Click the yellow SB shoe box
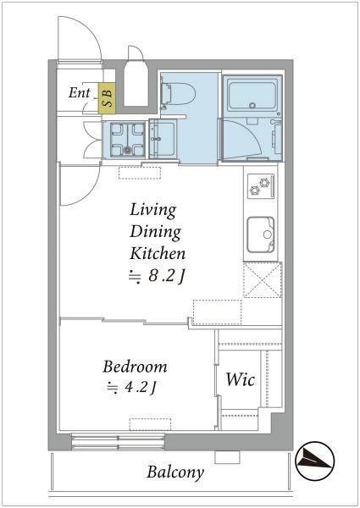click(107, 98)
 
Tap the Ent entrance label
click(79, 93)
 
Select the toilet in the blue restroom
click(179, 94)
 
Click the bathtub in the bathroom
click(252, 95)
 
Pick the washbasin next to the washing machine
click(163, 140)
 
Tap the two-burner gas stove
click(261, 186)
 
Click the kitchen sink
click(261, 235)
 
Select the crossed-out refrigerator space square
click(262, 279)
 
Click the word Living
click(153, 210)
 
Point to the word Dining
click(155, 232)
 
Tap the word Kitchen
click(158, 253)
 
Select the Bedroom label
click(135, 367)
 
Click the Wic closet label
click(240, 379)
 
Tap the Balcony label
click(175, 472)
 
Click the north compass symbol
click(315, 461)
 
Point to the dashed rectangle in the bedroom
click(150, 424)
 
